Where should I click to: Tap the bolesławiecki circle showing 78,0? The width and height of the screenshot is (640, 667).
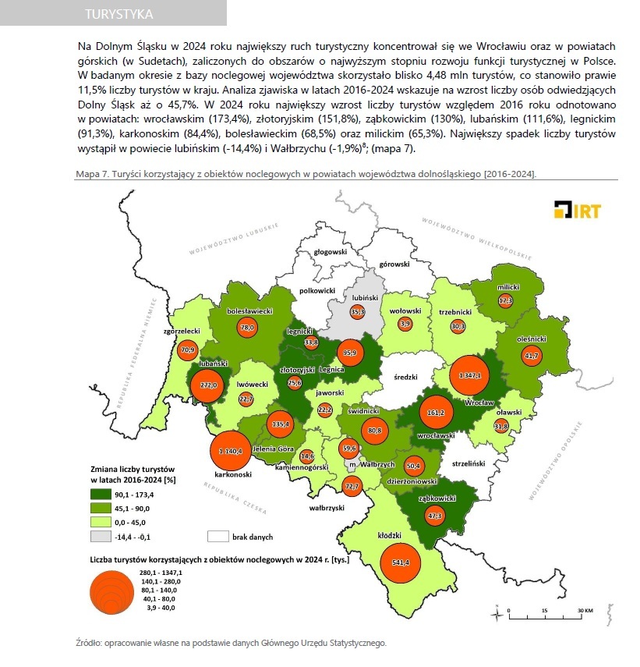click(x=247, y=328)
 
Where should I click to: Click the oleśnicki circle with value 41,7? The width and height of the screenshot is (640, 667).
click(x=532, y=356)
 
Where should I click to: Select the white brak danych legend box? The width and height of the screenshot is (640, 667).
click(x=217, y=537)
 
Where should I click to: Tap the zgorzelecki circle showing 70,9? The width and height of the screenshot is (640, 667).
click(x=187, y=350)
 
